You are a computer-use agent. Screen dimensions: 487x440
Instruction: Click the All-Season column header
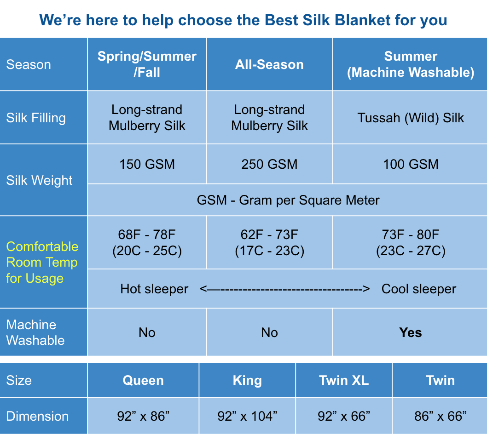coord(269,64)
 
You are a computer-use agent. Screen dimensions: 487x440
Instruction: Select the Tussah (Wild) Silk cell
coord(411,118)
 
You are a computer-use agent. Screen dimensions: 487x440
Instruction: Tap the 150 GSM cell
coord(147,164)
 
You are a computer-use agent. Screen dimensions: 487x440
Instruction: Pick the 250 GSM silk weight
coord(269,164)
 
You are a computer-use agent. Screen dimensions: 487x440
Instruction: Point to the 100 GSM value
coord(411,164)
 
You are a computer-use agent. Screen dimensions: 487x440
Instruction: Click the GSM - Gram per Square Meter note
coord(288,200)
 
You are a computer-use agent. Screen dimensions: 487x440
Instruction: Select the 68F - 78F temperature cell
coord(147,243)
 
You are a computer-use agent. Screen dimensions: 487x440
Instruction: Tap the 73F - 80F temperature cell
coord(411,243)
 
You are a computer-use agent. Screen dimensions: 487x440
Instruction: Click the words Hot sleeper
coord(154,289)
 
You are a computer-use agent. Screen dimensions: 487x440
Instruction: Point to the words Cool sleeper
coord(419,289)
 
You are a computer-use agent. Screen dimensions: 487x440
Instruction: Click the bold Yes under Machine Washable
coord(411,332)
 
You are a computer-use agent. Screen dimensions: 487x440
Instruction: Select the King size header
coord(247,380)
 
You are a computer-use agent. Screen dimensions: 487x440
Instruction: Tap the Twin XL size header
coord(344,380)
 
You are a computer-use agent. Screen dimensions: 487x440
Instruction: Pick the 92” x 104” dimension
coord(247,416)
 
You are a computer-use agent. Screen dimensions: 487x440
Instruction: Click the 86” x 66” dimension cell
coord(441,416)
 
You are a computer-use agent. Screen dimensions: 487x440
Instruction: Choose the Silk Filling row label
coord(36,118)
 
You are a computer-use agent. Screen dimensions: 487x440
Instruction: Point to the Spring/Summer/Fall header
coord(147,64)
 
